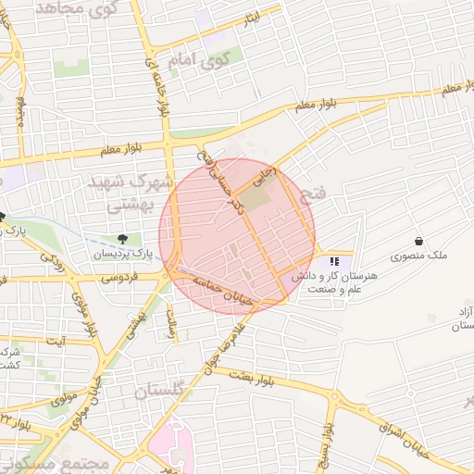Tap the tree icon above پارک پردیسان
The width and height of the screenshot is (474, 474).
(123, 239)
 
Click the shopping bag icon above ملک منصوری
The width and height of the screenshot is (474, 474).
(418, 241)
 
